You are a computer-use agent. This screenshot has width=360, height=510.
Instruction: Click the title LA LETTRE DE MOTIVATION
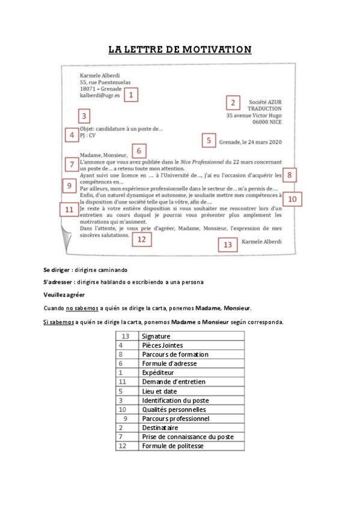point(180,49)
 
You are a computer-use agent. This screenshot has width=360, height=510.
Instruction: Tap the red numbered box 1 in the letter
point(131,94)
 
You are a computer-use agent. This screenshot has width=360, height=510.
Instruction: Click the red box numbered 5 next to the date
point(208,141)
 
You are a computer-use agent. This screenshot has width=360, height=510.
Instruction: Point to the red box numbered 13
point(227,244)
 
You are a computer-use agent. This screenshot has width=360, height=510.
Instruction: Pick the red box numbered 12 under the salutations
point(141,239)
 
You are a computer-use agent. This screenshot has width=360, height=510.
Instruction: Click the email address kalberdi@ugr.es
point(100,96)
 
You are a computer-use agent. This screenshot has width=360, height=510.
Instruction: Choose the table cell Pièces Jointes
point(162,345)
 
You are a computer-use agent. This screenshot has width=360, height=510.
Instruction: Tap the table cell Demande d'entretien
point(173,382)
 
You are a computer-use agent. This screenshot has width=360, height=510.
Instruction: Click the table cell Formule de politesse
point(172,446)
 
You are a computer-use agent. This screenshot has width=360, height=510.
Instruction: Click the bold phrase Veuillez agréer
point(64,295)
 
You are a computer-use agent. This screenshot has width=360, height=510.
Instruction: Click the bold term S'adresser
point(58,281)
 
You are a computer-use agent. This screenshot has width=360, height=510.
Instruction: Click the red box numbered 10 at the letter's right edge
point(292,199)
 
